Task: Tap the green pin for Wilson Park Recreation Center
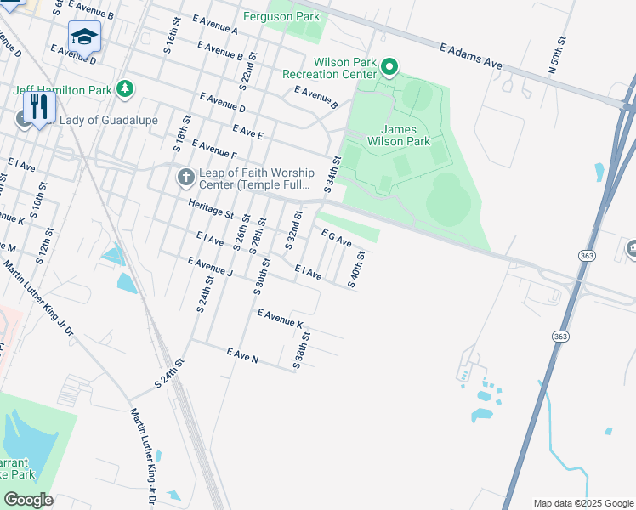click(389, 66)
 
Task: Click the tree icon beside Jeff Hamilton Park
click(125, 88)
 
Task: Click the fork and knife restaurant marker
click(38, 106)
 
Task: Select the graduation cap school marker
click(84, 37)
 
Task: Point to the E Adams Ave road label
click(466, 55)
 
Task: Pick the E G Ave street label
click(336, 237)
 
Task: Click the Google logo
click(28, 500)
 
